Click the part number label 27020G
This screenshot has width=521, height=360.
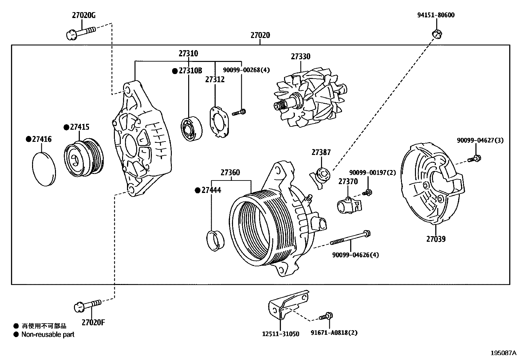pyautogui.click(x=84, y=15)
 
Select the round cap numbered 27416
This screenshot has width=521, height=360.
pyautogui.click(x=44, y=169)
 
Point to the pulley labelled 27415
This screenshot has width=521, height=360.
pyautogui.click(x=83, y=157)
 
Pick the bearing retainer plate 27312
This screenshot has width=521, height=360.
pyautogui.click(x=219, y=121)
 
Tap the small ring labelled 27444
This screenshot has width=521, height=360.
pyautogui.click(x=216, y=241)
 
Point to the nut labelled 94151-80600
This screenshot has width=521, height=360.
pyautogui.click(x=437, y=33)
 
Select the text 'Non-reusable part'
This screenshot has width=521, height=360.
pyautogui.click(x=48, y=334)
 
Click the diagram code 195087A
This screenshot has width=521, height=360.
pyautogui.click(x=503, y=353)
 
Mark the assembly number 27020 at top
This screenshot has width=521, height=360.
pyautogui.click(x=260, y=35)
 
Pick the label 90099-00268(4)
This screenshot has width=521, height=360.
pyautogui.click(x=246, y=70)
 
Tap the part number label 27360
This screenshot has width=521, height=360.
pyautogui.click(x=230, y=172)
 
